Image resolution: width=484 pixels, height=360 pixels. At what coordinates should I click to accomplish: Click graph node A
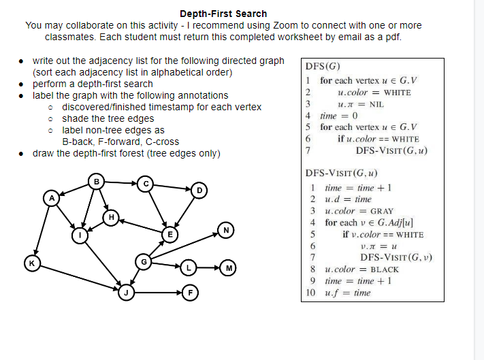point(51,198)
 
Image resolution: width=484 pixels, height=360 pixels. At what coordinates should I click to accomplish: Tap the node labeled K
point(30,261)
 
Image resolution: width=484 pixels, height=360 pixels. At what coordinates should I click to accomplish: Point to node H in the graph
point(112,216)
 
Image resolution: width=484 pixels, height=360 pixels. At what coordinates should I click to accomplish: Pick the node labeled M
point(230,267)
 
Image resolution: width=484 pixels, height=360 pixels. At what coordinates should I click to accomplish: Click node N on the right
point(225,230)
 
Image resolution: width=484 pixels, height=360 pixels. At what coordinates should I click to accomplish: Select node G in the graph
point(144,261)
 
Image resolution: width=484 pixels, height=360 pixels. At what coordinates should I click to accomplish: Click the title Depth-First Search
point(223,14)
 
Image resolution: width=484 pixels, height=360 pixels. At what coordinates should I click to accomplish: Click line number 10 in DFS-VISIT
point(311,293)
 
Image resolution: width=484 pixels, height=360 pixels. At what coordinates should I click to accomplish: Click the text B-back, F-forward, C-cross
point(120,142)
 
